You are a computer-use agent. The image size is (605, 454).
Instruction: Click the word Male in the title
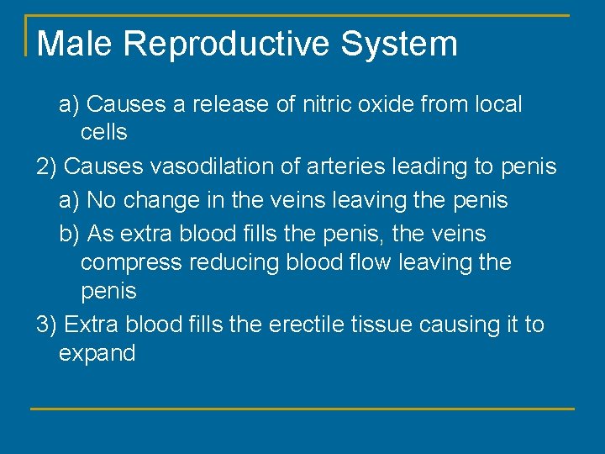click(74, 44)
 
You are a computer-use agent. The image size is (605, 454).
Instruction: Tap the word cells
click(103, 132)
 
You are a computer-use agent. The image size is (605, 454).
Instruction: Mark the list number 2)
click(47, 166)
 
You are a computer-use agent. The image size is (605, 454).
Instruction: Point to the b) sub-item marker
click(70, 233)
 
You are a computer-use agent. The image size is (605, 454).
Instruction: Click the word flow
click(366, 262)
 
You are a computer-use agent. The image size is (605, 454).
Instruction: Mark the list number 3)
click(47, 325)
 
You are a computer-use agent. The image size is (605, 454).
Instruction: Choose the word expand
click(97, 353)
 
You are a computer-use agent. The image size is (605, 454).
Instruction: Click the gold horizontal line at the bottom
click(302, 409)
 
